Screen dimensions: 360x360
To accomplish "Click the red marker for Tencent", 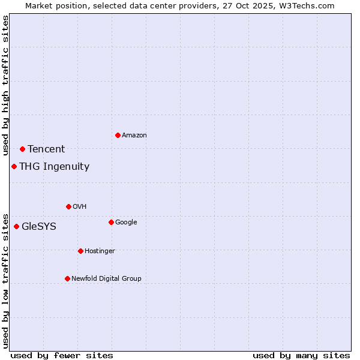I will coord(22,149).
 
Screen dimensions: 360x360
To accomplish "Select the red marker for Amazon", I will coord(118,135).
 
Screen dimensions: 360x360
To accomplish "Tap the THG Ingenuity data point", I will coord(14,166).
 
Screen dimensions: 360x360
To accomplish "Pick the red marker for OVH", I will coord(68,206).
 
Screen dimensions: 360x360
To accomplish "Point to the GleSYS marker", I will coord(16,226).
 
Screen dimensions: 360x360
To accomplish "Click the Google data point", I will coord(111,222).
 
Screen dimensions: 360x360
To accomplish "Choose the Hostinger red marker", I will coord(80,251).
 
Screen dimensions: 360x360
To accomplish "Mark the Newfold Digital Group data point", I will coord(67,278).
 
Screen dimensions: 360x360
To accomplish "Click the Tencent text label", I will coord(46,149).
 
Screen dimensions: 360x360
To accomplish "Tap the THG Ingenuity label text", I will coord(54,167).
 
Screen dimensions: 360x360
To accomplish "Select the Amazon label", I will coord(134,136).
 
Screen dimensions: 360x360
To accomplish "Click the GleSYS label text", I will coord(39,227).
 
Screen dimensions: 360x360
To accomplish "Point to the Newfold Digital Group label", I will coord(106,278).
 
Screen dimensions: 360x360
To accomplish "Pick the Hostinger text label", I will coord(100,251).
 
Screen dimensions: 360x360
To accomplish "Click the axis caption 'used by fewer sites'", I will coord(62,355).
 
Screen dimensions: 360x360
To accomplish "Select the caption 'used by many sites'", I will coord(301,355).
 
